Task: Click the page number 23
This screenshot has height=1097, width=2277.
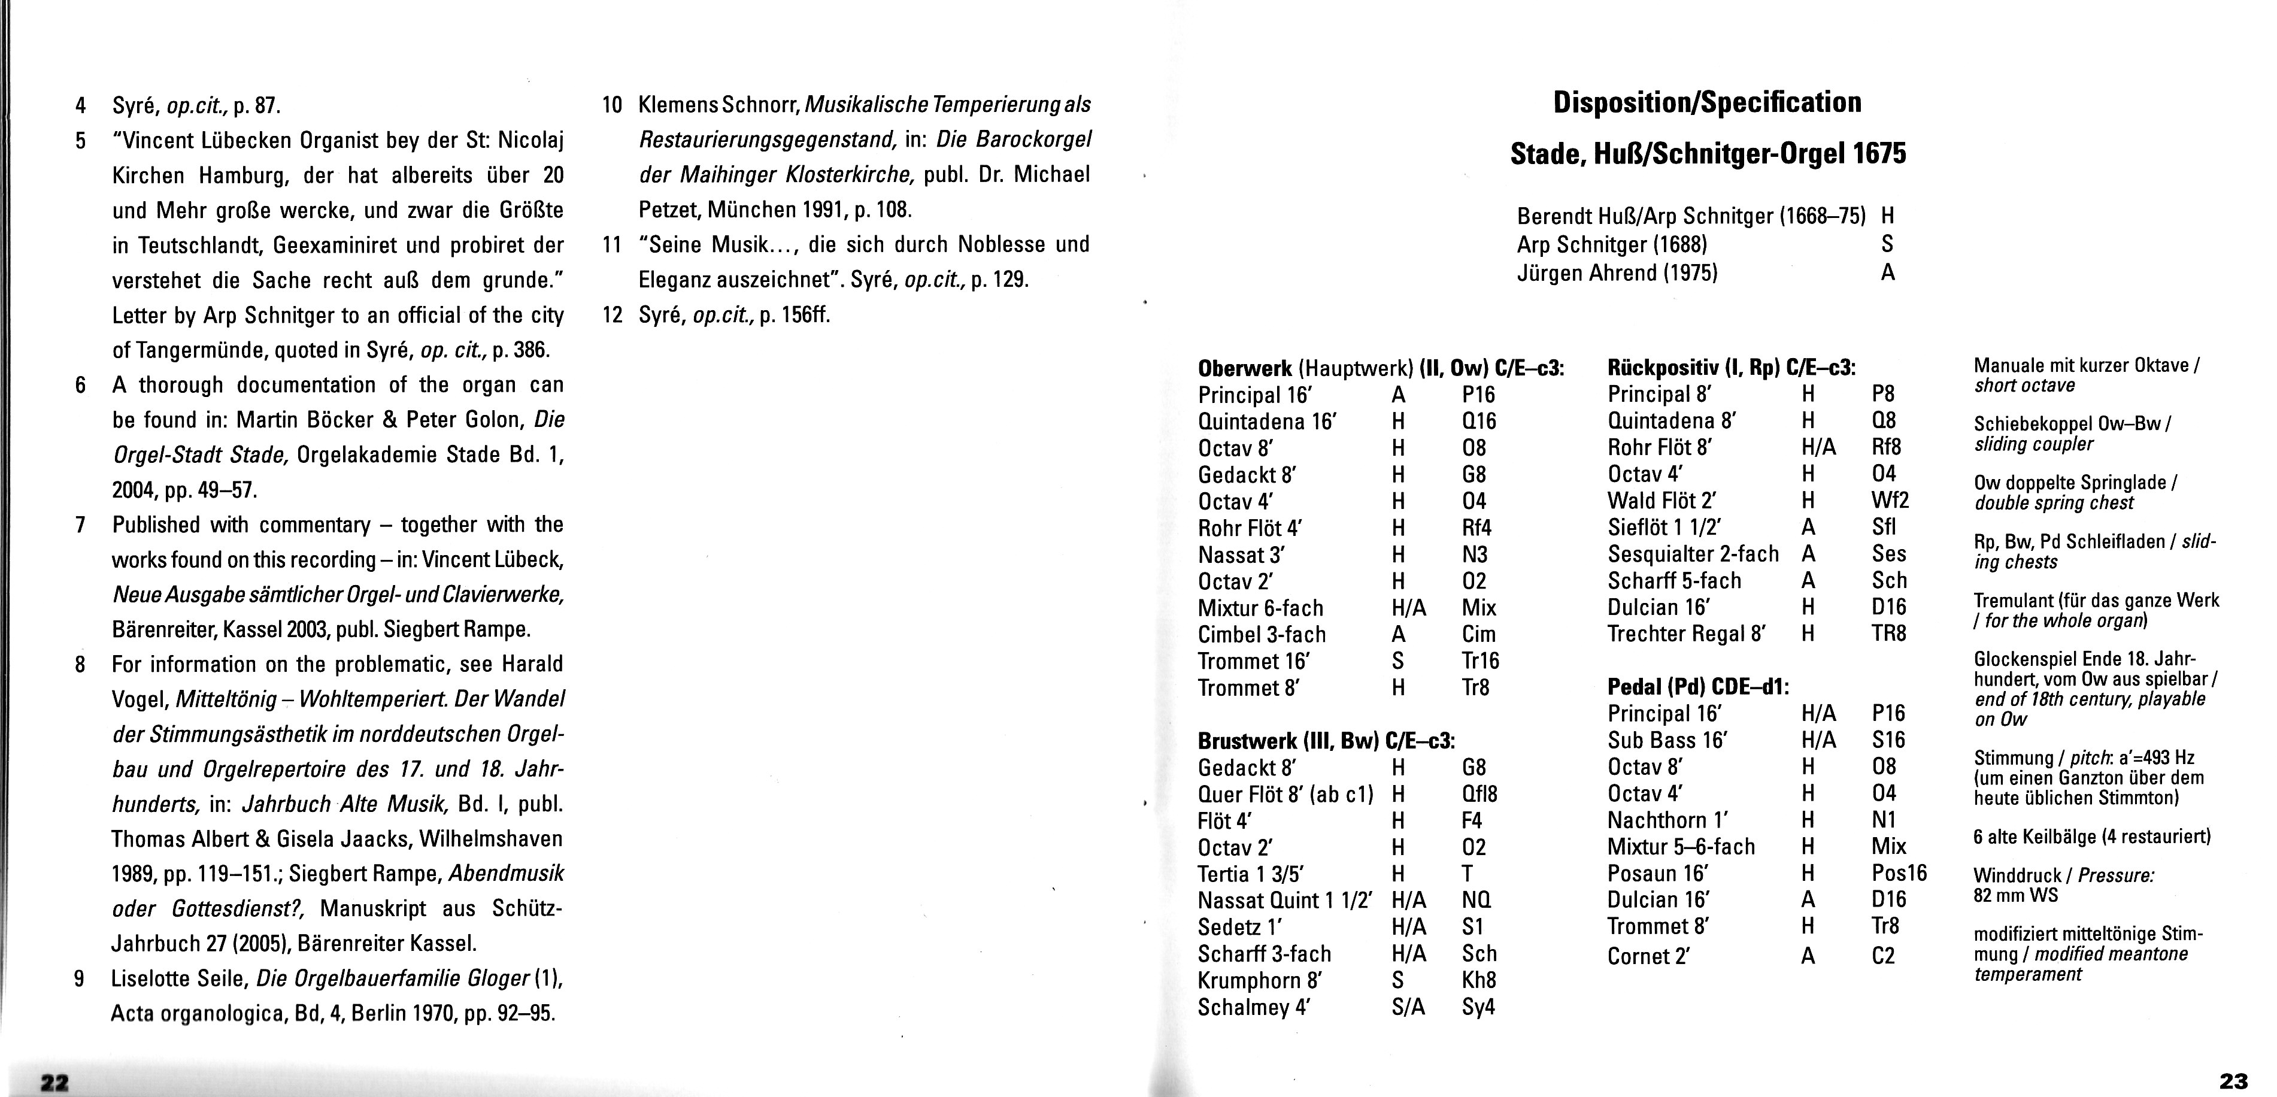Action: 2234,1080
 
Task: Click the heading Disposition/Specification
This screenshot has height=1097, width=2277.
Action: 1707,102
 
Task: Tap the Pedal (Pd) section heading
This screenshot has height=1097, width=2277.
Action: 1698,686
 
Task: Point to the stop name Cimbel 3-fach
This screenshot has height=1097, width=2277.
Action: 1262,634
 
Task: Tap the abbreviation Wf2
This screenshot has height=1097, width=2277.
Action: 1890,501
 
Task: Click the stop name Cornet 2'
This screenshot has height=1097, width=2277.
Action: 1648,956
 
